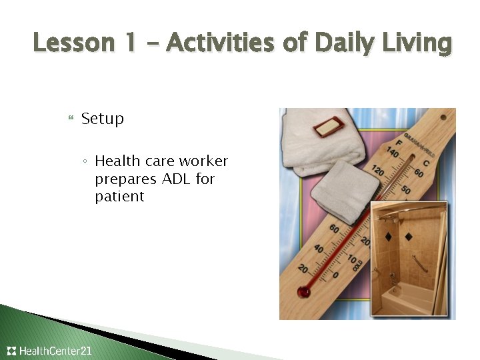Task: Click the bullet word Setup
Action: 103,119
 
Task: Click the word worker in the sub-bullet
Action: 203,161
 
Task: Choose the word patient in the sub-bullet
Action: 119,197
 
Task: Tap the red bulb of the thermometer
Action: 305,291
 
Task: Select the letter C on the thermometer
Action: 427,163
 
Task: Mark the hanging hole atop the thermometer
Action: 411,160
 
